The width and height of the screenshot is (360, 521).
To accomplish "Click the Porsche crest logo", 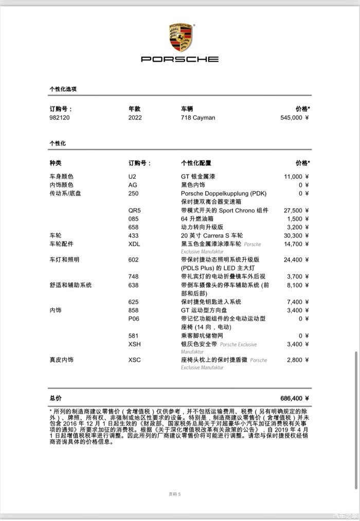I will [x=180, y=37].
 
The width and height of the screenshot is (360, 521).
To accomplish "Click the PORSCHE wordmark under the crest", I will [x=180, y=59].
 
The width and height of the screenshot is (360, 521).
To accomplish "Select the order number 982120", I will [x=60, y=118].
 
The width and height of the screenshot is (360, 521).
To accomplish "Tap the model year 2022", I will [x=135, y=118].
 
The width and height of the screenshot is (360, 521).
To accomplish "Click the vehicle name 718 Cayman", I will [x=198, y=118].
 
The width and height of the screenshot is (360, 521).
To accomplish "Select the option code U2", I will [x=132, y=177].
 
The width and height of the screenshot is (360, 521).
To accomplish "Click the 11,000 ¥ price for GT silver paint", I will [x=297, y=177].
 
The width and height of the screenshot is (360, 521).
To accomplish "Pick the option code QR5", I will [x=134, y=211].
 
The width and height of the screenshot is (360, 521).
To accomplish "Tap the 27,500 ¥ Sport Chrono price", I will [x=297, y=211].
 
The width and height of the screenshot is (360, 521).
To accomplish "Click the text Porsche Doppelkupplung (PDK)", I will [x=224, y=194].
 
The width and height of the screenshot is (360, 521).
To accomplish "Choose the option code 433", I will [x=133, y=235].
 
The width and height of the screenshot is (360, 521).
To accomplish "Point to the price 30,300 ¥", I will [x=297, y=235].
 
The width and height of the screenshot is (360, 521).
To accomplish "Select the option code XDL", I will [x=134, y=244].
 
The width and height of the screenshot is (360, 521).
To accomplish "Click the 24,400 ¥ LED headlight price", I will [x=297, y=260].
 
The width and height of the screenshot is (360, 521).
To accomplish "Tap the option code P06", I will [x=134, y=319].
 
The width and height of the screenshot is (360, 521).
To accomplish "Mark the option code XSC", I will [x=134, y=360].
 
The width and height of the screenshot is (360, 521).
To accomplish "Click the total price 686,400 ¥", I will [x=295, y=398].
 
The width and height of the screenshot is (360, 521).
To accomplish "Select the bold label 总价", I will [x=56, y=398].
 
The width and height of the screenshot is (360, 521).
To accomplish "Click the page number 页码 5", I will [x=175, y=494].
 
